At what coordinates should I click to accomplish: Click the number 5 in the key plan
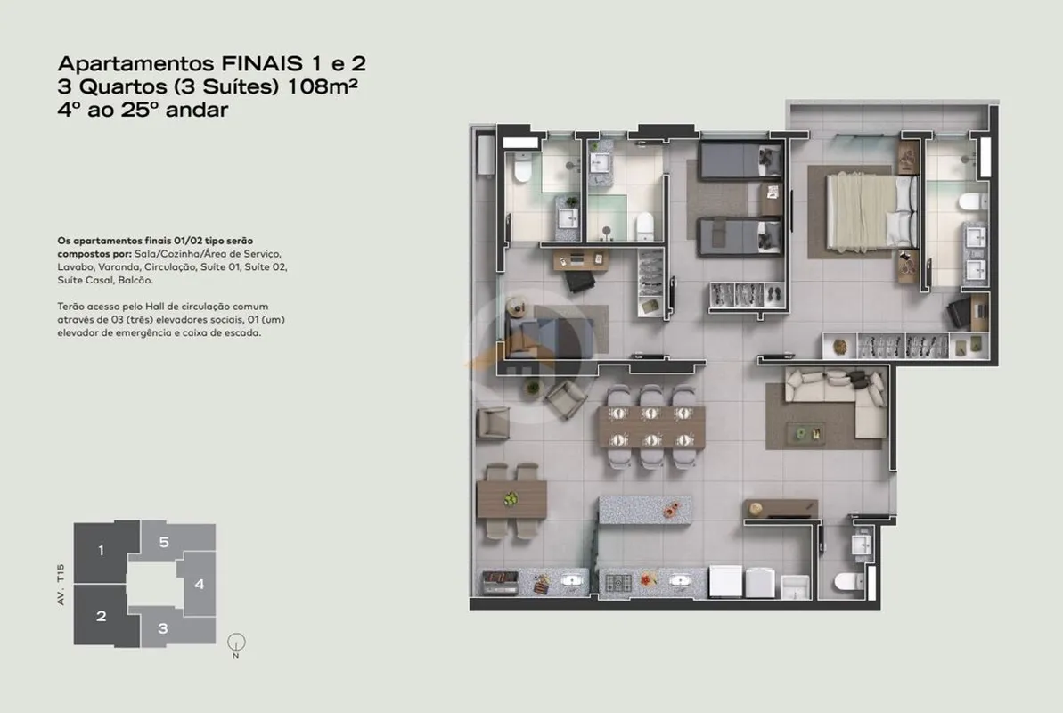click(164, 542)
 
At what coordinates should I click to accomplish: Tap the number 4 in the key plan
click(200, 584)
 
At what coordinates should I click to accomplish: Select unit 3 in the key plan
click(163, 629)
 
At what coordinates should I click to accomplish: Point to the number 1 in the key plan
click(101, 550)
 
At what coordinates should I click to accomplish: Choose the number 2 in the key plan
click(101, 616)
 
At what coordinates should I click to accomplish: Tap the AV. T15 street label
click(61, 584)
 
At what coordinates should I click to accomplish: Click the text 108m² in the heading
click(323, 86)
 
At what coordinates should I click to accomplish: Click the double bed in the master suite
click(871, 211)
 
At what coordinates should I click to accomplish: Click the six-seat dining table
click(651, 427)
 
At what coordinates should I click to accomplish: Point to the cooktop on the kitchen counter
click(618, 582)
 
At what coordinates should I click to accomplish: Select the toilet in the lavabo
click(847, 581)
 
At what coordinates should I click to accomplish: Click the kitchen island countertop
click(645, 509)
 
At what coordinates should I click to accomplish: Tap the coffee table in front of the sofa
click(805, 432)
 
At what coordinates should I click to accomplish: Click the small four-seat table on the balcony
click(511, 500)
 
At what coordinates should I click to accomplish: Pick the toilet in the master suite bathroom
click(973, 202)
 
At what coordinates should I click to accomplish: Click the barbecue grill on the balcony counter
click(500, 582)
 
